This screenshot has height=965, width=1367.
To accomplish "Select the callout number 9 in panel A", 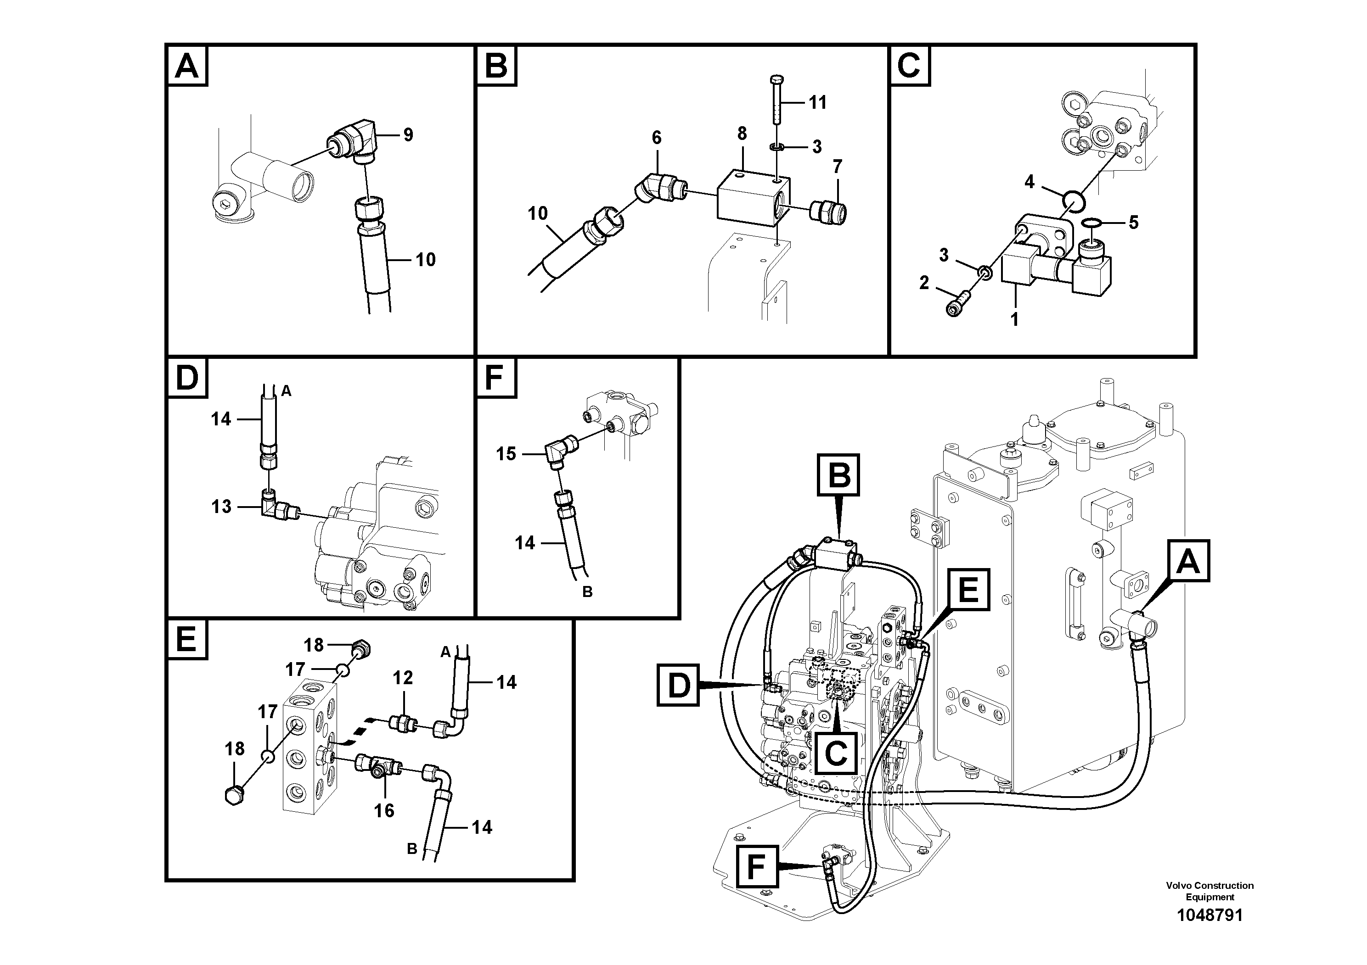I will tap(408, 135).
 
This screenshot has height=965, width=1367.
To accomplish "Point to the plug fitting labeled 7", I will tap(829, 210).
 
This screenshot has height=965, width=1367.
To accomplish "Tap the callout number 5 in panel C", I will tap(1133, 223).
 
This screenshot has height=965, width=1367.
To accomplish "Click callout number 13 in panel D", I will tap(221, 507).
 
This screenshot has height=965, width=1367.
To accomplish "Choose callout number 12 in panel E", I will tap(403, 678).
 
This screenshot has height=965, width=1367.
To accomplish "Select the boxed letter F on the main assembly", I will tap(756, 867).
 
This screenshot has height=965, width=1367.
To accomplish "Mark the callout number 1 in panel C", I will tap(1014, 319).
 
